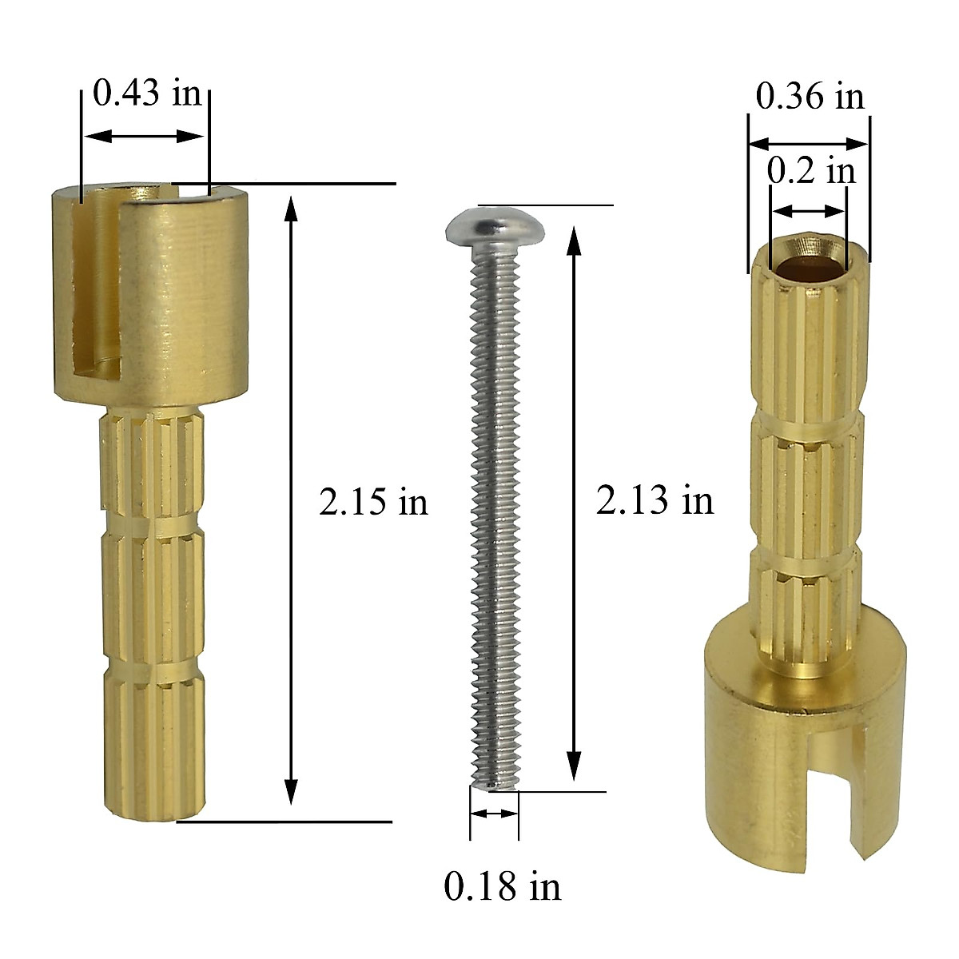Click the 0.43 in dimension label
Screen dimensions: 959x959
click(x=147, y=94)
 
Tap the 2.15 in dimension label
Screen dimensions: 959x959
click(x=373, y=503)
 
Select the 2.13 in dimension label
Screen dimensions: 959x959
click(x=655, y=501)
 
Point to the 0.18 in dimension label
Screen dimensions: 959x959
click(x=503, y=886)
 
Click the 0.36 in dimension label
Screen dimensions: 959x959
click(x=810, y=97)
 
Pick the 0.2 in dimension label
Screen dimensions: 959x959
click(x=810, y=171)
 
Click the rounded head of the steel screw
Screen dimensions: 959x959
click(x=495, y=225)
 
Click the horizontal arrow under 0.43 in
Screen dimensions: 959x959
click(x=145, y=137)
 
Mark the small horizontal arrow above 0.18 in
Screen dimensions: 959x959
click(x=495, y=813)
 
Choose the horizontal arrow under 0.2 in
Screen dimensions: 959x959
click(x=809, y=211)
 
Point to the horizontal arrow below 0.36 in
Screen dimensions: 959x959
click(x=809, y=144)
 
